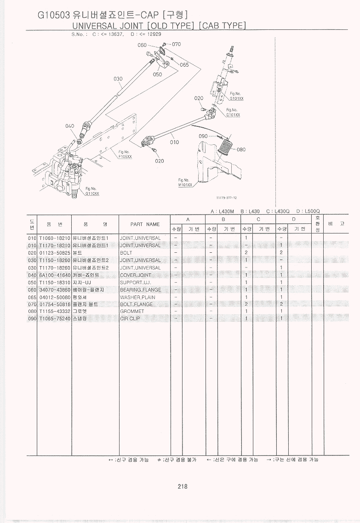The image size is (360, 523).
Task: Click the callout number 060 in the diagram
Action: pyautogui.click(x=142, y=45)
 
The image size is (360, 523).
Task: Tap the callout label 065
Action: pyautogui.click(x=184, y=65)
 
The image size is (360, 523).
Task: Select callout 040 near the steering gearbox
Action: pyautogui.click(x=69, y=126)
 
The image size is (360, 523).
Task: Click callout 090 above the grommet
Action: pyautogui.click(x=203, y=136)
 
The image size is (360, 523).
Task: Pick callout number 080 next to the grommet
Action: pyautogui.click(x=241, y=149)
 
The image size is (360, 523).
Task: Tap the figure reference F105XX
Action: pyautogui.click(x=125, y=157)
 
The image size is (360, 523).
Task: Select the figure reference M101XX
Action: pyautogui.click(x=185, y=185)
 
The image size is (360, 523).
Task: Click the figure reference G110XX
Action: pyautogui.click(x=92, y=193)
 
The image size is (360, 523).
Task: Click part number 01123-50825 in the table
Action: pyautogui.click(x=54, y=253)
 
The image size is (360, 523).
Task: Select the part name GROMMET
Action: pyautogui.click(x=132, y=312)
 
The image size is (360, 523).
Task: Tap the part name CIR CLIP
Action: pyautogui.click(x=130, y=319)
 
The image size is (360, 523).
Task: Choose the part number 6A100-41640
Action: pyautogui.click(x=54, y=275)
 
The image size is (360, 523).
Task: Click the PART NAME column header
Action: pyautogui.click(x=145, y=224)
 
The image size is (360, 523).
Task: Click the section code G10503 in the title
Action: pyautogui.click(x=54, y=15)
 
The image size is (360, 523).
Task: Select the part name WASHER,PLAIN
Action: pyautogui.click(x=137, y=297)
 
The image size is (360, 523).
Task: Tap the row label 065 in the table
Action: pyautogui.click(x=32, y=297)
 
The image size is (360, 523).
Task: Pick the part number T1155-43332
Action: pyautogui.click(x=54, y=312)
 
